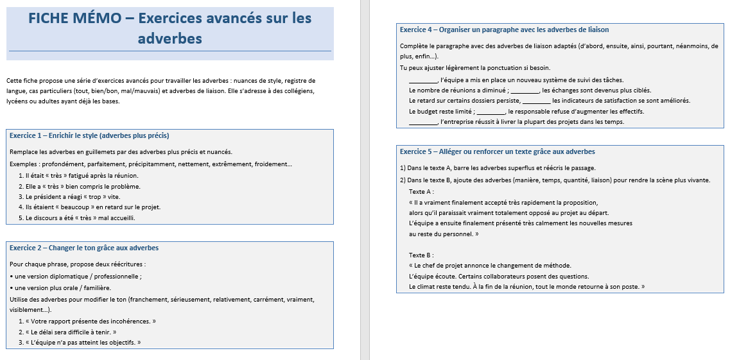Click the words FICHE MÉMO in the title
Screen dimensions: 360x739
[x=74, y=18]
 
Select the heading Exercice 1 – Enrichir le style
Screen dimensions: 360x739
[x=89, y=135]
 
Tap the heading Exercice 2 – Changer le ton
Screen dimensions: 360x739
[x=84, y=248]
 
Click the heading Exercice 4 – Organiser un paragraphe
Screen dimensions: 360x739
[x=504, y=30]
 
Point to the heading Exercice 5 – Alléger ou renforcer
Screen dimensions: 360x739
[x=497, y=151]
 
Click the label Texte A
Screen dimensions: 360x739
[x=421, y=191]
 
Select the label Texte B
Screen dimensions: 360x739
[x=421, y=255]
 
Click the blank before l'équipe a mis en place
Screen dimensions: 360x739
[x=422, y=80]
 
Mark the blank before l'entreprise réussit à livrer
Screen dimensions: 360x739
[x=422, y=122]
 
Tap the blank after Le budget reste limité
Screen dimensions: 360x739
[x=491, y=112]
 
